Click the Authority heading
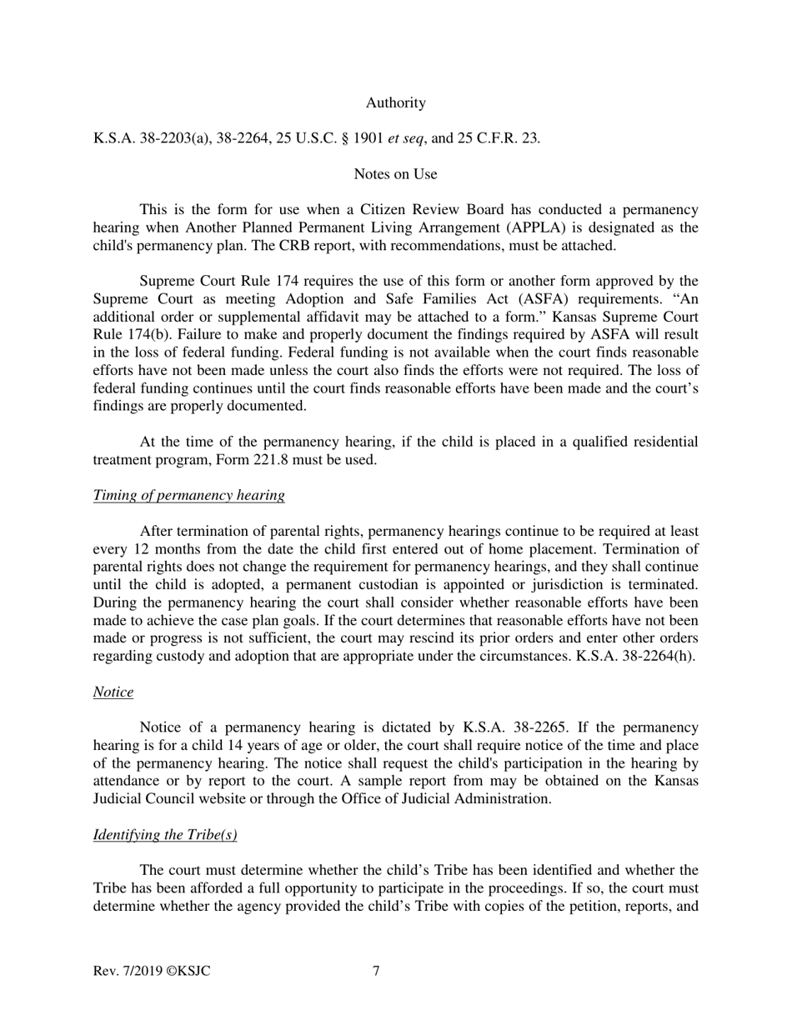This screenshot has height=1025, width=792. click(395, 102)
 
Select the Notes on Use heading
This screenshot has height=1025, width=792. click(395, 173)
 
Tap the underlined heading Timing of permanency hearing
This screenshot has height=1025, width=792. click(188, 495)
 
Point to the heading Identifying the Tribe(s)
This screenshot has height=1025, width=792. click(165, 835)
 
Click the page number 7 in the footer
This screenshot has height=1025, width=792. click(377, 970)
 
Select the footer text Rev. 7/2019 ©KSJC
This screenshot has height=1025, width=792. click(151, 970)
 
